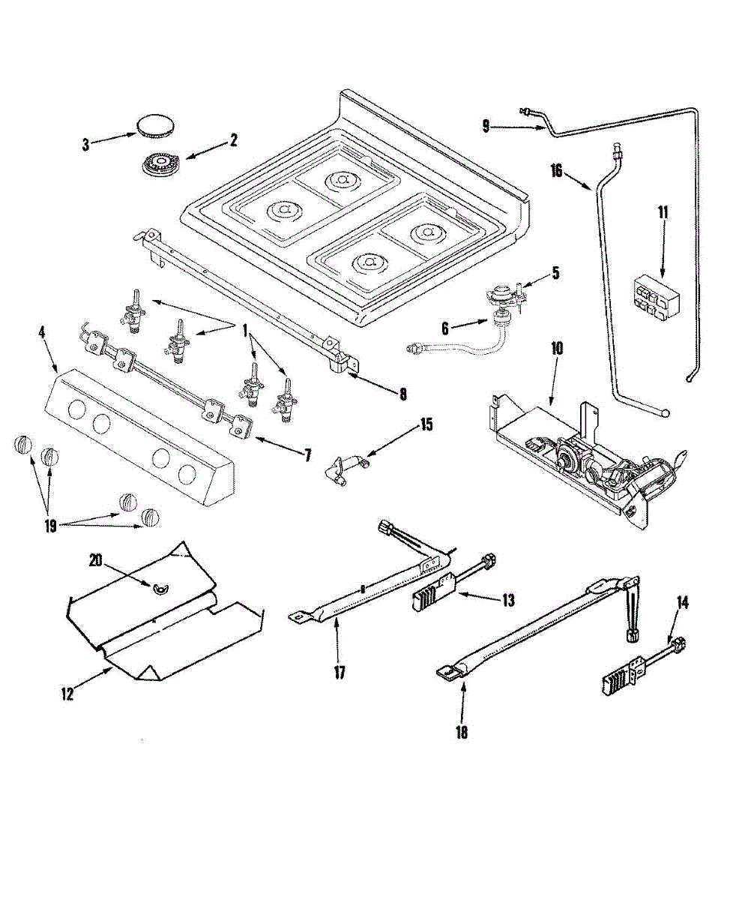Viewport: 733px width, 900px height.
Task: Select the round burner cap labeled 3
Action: point(154,125)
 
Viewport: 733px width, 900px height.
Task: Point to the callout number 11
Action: point(663,211)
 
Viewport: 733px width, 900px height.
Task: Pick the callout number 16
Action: point(556,171)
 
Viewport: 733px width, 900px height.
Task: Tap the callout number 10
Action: point(557,349)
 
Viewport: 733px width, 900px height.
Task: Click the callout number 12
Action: point(67,694)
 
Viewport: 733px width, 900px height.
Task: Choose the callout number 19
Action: point(50,526)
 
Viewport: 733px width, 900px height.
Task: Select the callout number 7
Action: point(307,455)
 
